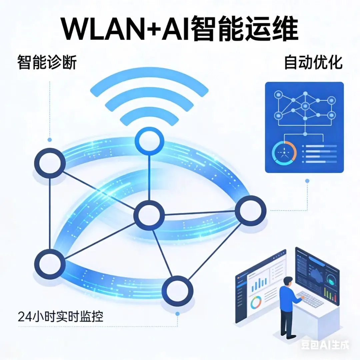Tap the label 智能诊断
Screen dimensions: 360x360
click(47, 62)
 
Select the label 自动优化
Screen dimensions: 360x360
click(313, 62)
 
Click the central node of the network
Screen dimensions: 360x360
click(149, 215)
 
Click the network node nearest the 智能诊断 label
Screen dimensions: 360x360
click(50, 163)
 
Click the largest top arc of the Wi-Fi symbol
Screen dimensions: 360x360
click(149, 86)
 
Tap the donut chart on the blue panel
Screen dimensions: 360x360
click(284, 154)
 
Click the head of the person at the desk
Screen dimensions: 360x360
click(288, 281)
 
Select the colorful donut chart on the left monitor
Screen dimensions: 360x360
click(256, 303)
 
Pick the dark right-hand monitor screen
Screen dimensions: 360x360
click(317, 277)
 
